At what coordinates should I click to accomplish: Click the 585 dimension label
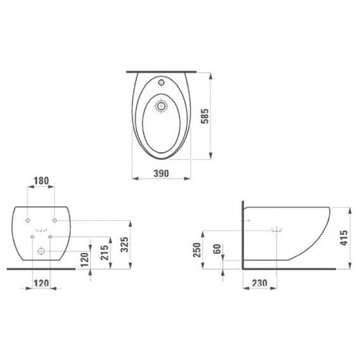click(205, 116)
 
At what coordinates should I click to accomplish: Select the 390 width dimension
click(161, 173)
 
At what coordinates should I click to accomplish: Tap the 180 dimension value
click(41, 181)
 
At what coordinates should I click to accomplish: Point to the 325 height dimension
click(124, 244)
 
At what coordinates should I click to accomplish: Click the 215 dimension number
click(104, 253)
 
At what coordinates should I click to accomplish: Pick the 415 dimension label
click(344, 238)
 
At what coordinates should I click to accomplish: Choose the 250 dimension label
click(197, 250)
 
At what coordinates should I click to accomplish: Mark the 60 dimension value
click(217, 249)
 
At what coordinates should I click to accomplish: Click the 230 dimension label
click(260, 283)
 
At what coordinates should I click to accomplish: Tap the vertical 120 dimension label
click(85, 260)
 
